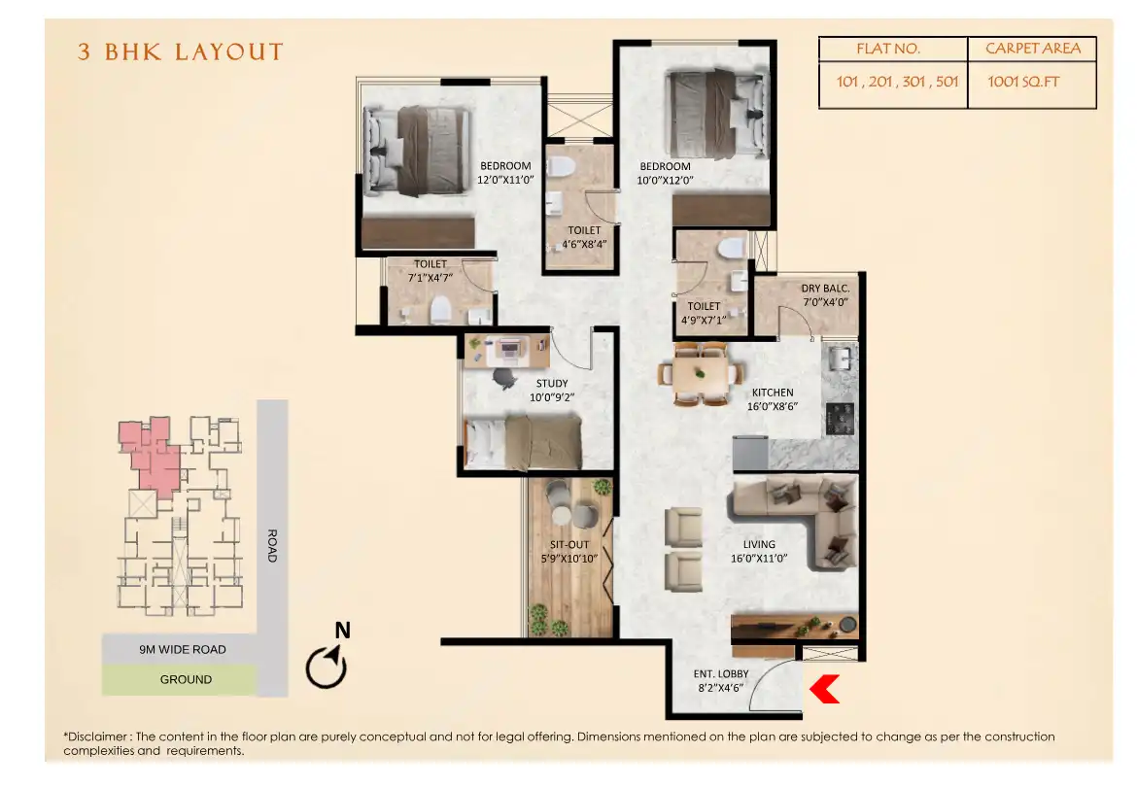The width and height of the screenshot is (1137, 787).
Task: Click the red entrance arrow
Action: pos(824,689)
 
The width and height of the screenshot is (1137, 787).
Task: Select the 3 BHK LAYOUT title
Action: pos(181,52)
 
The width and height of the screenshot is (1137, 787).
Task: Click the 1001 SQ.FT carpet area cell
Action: pos(1023,82)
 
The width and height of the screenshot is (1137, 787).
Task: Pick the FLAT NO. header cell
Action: pos(887,49)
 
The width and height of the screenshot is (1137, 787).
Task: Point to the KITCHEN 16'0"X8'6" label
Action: pos(773,399)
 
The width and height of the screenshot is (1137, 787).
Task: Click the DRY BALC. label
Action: pos(825,294)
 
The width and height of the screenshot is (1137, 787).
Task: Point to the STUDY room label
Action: pos(551,390)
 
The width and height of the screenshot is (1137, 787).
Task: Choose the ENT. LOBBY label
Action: pos(718,679)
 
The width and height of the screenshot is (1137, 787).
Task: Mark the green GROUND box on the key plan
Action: pos(180,680)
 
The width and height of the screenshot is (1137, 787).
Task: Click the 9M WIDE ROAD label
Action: pos(182,649)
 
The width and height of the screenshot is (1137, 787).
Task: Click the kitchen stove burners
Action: pos(840,419)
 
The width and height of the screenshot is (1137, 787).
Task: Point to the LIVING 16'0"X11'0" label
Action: pos(758,551)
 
